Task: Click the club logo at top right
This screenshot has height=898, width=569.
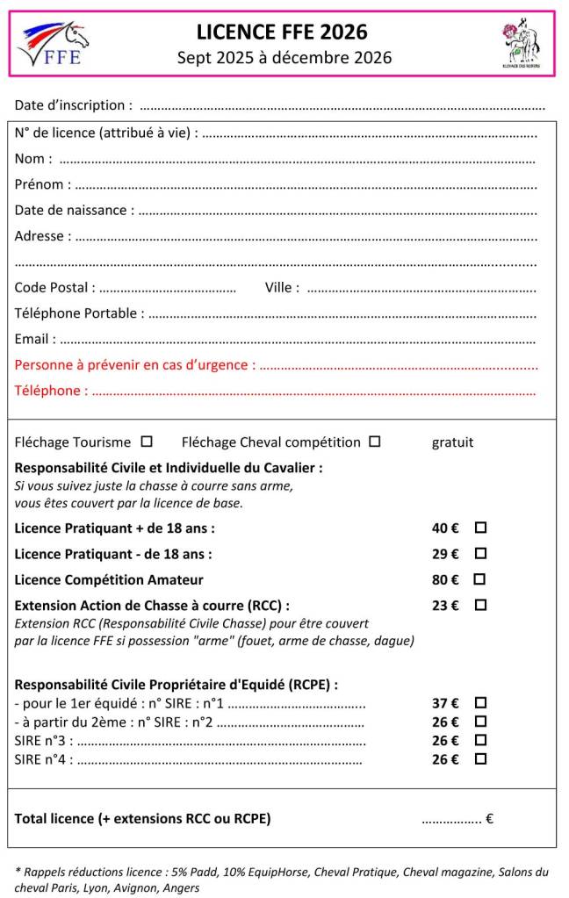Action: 521,43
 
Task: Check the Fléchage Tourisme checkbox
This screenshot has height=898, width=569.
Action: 147,442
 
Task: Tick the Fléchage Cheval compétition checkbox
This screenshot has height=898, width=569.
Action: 375,442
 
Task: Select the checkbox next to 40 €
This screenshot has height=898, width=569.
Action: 480,528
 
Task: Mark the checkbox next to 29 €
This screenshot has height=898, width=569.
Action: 480,553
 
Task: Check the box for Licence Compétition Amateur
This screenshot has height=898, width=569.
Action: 480,579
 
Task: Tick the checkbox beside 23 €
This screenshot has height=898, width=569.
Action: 480,605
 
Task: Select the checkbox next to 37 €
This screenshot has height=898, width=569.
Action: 480,702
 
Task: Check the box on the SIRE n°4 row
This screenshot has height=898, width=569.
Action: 480,759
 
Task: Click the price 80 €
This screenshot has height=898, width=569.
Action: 445,579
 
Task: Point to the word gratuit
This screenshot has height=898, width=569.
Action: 452,442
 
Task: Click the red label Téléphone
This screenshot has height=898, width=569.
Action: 51,391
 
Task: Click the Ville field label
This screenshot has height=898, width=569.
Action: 281,287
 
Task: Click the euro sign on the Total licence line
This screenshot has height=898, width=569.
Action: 489,819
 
